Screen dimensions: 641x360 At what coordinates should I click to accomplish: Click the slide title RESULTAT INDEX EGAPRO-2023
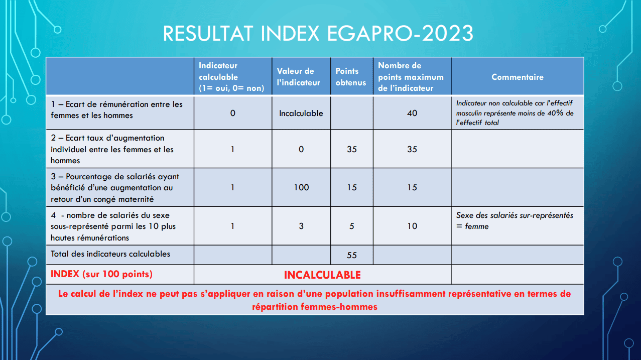coord(318,34)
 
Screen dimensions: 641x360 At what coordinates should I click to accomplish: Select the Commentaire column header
coord(518,77)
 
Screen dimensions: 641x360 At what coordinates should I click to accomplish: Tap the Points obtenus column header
coord(351,77)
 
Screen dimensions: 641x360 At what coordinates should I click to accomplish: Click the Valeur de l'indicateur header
coord(298,77)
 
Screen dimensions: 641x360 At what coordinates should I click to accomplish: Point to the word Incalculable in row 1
coord(301,113)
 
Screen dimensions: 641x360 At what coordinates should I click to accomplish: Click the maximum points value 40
coord(412,113)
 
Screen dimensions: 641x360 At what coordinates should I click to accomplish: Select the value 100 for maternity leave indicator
coord(301,187)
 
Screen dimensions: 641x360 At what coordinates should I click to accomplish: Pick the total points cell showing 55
coord(352,255)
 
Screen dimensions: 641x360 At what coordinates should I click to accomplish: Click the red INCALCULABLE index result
coord(322,275)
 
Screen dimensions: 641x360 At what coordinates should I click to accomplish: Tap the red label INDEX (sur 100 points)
coord(101,274)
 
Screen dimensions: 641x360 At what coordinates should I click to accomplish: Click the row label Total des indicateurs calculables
coord(110,254)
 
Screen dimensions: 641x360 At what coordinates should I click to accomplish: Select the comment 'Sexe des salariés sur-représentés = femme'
coord(515,220)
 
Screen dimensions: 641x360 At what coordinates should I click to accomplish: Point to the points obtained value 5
coord(352,226)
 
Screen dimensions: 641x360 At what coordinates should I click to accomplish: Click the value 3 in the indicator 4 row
coord(301,226)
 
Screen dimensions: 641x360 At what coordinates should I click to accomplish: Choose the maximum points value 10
coord(412,226)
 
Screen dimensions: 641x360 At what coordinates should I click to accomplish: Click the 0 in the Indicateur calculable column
coord(232,113)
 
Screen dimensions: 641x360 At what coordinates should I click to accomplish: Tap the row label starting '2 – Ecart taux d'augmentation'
coord(112,149)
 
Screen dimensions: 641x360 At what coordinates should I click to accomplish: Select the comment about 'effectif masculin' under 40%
coord(515,113)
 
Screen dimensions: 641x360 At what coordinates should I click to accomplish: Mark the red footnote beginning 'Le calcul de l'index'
coord(315,300)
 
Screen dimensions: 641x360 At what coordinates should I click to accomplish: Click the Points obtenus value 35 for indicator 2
coord(352,149)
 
